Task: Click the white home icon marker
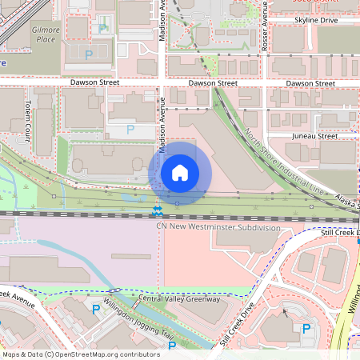pyautogui.click(x=180, y=172)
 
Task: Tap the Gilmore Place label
pyautogui.click(x=46, y=34)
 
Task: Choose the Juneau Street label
pyautogui.click(x=315, y=136)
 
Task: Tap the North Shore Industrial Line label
pyautogui.click(x=284, y=165)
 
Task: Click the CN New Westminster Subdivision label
pyautogui.click(x=219, y=227)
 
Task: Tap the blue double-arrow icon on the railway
pyautogui.click(x=158, y=210)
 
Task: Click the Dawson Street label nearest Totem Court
pyautogui.click(x=94, y=82)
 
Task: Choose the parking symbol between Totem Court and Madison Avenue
pyautogui.click(x=130, y=128)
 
